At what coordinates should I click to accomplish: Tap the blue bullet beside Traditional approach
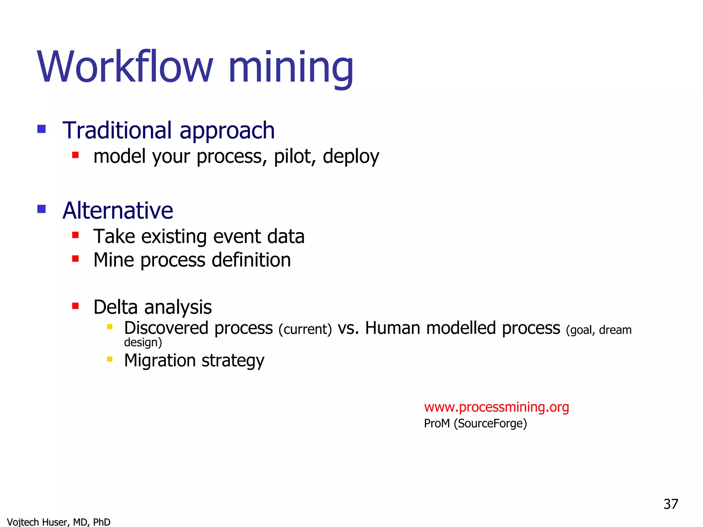click(x=42, y=129)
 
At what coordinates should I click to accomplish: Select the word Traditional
click(x=117, y=130)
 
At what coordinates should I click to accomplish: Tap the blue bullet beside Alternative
click(x=42, y=209)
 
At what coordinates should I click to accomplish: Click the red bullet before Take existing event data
click(x=76, y=235)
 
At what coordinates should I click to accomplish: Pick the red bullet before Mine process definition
click(x=76, y=259)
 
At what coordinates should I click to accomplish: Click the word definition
click(x=251, y=260)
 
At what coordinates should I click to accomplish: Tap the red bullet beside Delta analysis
click(x=76, y=306)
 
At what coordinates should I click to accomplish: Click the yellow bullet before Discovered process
click(x=110, y=327)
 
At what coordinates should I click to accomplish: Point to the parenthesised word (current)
click(x=305, y=329)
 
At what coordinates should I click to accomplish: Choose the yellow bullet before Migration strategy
click(x=110, y=359)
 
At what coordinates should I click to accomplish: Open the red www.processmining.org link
click(x=496, y=407)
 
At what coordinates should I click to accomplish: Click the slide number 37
click(x=671, y=504)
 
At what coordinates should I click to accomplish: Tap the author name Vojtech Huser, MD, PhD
click(x=59, y=522)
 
